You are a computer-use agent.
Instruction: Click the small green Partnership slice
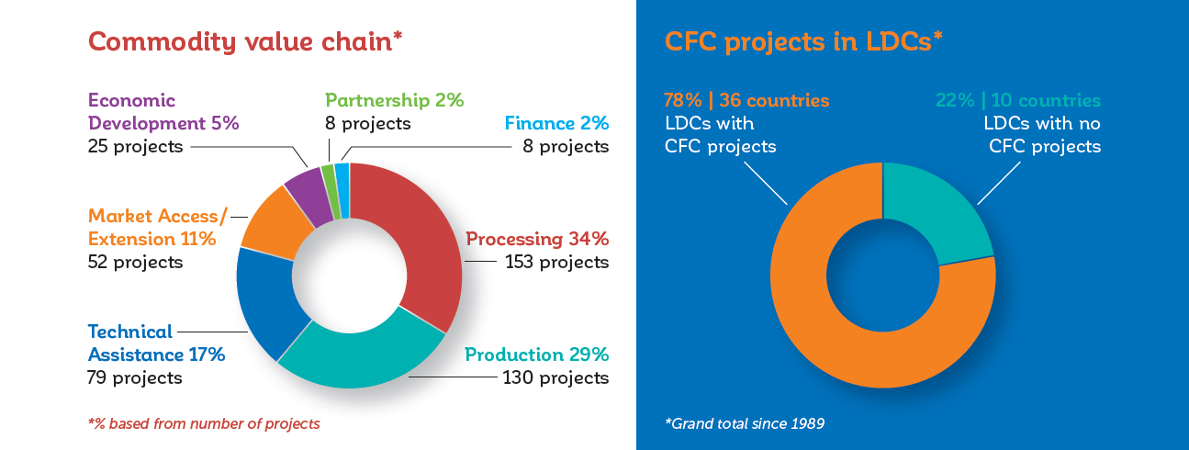329,179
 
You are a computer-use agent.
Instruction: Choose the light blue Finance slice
342,177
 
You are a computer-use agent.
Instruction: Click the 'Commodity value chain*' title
245,42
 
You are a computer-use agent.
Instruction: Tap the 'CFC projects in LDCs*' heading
803,42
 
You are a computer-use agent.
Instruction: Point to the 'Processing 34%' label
537,239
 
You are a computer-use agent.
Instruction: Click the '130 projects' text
555,377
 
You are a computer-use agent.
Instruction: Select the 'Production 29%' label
536,354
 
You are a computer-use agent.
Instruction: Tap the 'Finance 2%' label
556,123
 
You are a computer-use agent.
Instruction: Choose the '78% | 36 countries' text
746,99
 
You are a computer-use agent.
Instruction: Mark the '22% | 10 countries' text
1016,99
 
